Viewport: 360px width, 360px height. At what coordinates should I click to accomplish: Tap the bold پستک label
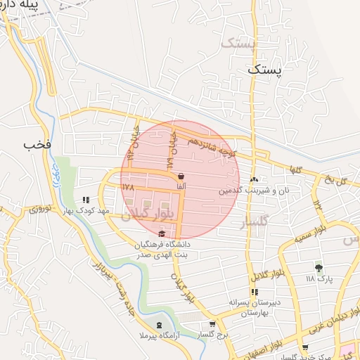tap(264, 70)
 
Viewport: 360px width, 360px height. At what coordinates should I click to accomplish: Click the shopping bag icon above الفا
tap(181, 176)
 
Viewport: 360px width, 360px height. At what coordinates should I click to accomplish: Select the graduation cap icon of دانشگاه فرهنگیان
tap(163, 234)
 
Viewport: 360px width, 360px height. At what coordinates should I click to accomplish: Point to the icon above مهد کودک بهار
tap(86, 200)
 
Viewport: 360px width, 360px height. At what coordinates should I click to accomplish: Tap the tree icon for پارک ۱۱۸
tap(319, 267)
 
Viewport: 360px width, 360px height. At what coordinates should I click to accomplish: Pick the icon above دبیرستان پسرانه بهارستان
tap(254, 292)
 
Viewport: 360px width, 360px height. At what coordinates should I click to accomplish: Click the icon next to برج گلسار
tap(212, 324)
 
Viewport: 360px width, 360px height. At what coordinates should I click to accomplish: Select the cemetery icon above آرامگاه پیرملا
tap(159, 325)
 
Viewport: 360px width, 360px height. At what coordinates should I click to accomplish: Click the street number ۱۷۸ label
tap(127, 188)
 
